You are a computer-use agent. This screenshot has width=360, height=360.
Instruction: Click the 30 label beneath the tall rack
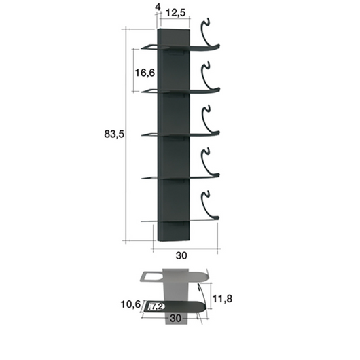pyautogui.click(x=182, y=256)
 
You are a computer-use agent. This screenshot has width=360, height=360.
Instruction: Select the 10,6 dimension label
pyautogui.click(x=131, y=305)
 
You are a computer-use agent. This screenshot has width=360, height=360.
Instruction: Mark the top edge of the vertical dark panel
pyautogui.click(x=174, y=30)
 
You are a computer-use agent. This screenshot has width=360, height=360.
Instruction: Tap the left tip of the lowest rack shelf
pyautogui.click(x=143, y=221)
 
